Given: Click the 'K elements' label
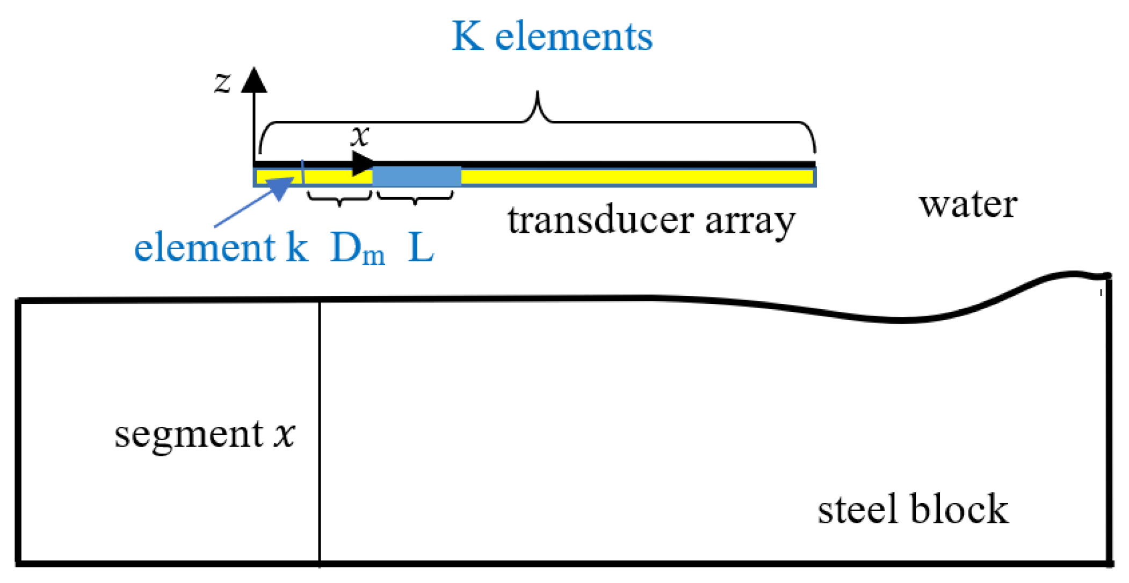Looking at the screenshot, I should [552, 37].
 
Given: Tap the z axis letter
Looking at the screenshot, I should [222, 83].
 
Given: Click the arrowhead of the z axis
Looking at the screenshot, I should [254, 80].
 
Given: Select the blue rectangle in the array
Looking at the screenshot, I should [417, 176].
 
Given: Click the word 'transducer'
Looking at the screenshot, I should [600, 220].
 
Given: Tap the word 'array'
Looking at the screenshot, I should [750, 221].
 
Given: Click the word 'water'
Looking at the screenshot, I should [968, 205].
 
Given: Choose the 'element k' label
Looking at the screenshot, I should [221, 247].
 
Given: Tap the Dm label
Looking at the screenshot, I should [357, 249].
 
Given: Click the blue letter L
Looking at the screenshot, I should [421, 247].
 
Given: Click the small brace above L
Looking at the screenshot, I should [415, 198].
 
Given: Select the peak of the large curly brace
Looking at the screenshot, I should [537, 97].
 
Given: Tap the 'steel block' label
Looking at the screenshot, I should [913, 509].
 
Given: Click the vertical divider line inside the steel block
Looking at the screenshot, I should [320, 429].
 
